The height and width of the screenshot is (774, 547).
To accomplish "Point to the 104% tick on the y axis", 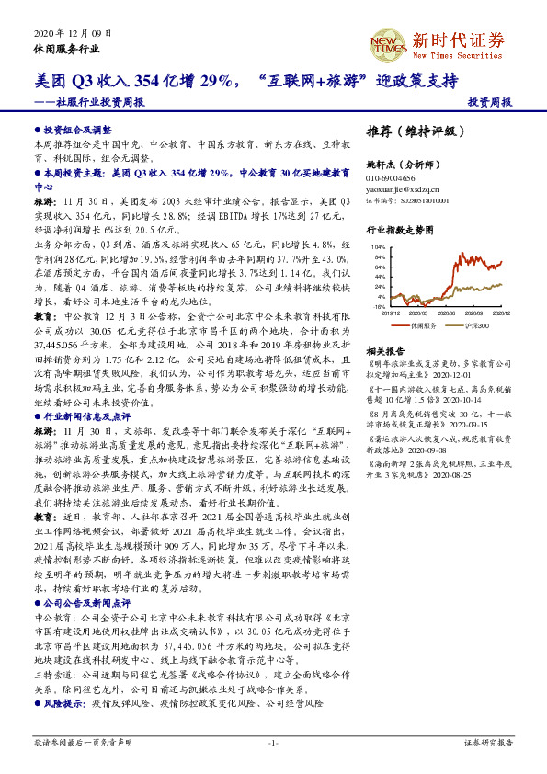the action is tap(379, 248).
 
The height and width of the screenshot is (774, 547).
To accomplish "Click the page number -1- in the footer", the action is tap(273, 741).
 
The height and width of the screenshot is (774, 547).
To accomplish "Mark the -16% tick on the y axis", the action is tap(379, 306).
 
